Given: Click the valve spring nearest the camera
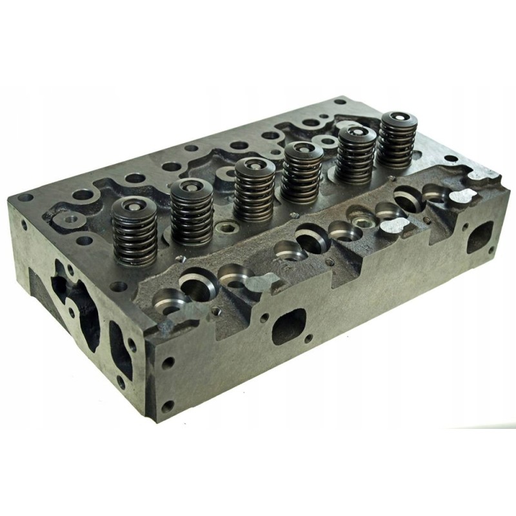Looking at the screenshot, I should click(x=134, y=235).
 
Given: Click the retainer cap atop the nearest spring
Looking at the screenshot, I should click(x=134, y=207).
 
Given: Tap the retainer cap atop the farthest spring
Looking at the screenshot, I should click(x=395, y=119).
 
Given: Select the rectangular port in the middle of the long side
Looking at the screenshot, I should click(x=288, y=326).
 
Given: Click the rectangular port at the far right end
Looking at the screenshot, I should click(x=479, y=237).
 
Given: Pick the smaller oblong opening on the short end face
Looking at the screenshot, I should click(x=121, y=349).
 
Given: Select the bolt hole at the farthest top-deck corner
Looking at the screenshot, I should click(x=340, y=101).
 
